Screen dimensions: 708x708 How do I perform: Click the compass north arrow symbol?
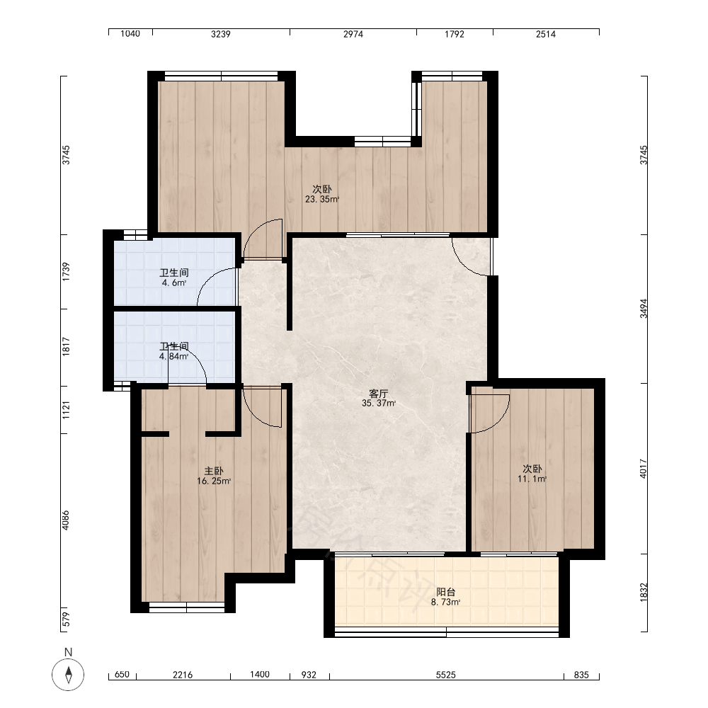click(x=68, y=675)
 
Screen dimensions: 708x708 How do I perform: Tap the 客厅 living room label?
click(x=378, y=394)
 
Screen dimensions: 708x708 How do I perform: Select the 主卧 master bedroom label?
click(x=214, y=472)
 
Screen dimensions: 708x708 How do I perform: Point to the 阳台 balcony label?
click(x=445, y=592)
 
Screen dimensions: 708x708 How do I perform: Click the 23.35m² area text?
click(x=322, y=199)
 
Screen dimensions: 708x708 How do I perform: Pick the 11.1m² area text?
click(x=532, y=479)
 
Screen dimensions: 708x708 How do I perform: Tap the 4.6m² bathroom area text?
click(x=174, y=283)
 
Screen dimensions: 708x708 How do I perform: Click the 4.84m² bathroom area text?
click(x=174, y=356)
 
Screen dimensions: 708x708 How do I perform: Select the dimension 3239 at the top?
click(x=221, y=34)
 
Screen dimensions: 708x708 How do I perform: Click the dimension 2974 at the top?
click(x=353, y=34)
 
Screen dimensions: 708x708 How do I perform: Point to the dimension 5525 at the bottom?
click(x=445, y=675)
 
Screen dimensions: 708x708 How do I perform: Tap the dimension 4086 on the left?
click(x=66, y=520)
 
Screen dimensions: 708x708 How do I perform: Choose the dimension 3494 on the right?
click(x=644, y=309)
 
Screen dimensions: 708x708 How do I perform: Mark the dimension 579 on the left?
click(x=66, y=619)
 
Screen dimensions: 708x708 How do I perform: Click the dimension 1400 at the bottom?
click(x=260, y=675)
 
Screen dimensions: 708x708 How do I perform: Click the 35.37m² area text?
click(x=378, y=404)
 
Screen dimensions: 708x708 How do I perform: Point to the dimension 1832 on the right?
click(x=644, y=591)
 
